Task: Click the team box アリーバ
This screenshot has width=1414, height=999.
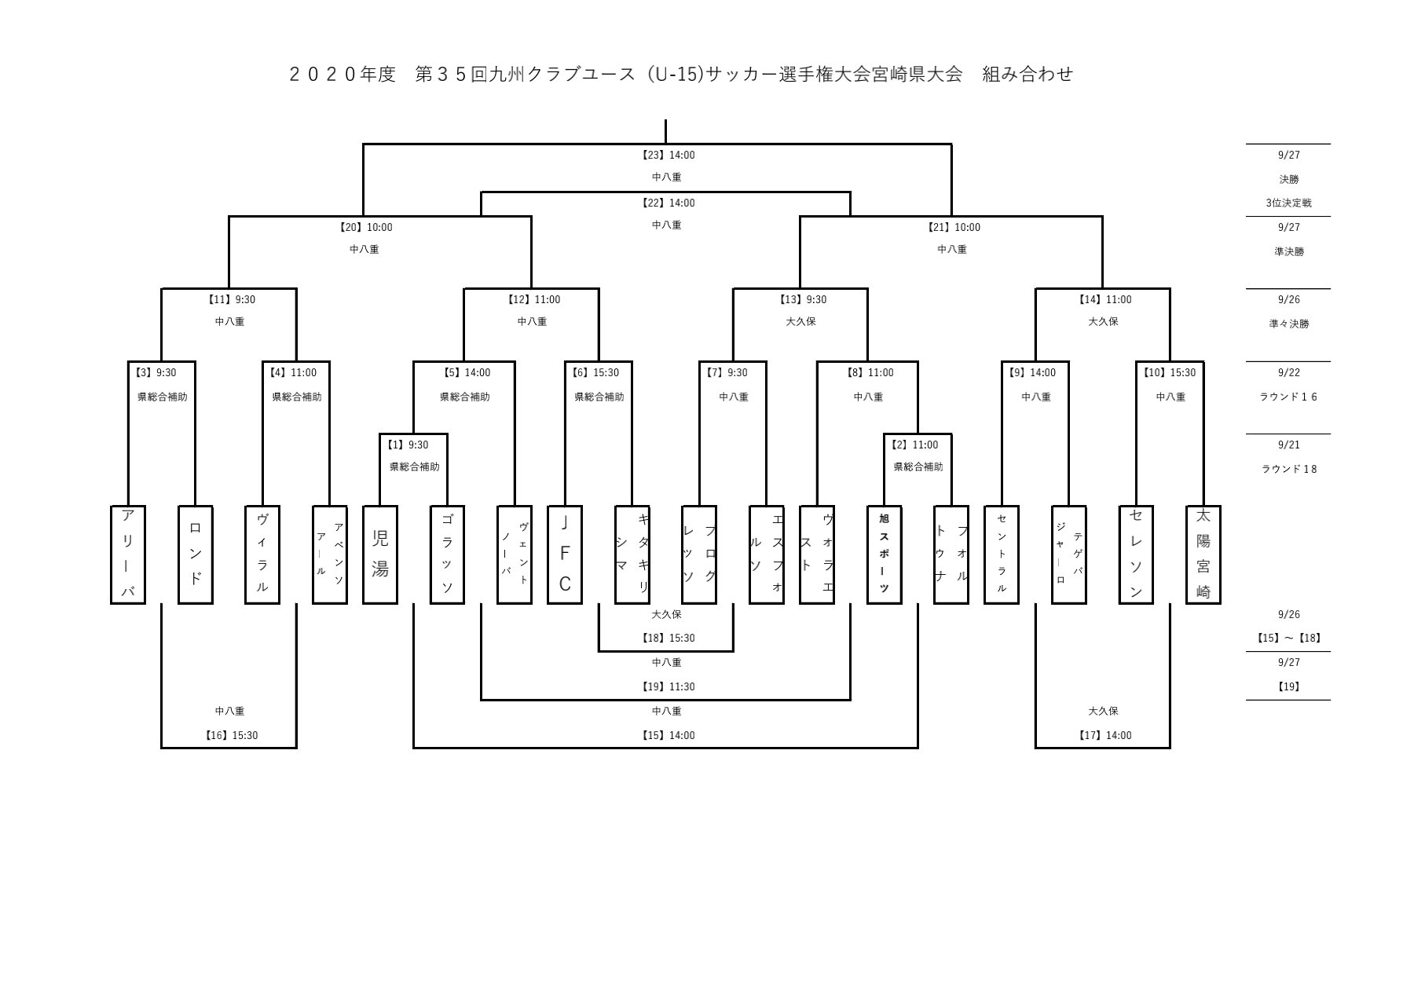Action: click(128, 554)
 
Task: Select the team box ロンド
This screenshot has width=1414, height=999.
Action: click(196, 554)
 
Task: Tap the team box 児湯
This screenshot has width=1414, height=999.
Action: click(380, 554)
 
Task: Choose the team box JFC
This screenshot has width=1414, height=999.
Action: click(565, 554)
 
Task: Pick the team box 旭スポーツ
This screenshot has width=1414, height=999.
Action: click(885, 554)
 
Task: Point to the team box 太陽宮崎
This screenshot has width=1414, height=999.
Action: click(1203, 554)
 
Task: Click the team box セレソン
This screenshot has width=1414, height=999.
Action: click(1136, 554)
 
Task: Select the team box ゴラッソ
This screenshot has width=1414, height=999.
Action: click(448, 554)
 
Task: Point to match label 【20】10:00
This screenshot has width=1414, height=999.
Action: click(364, 228)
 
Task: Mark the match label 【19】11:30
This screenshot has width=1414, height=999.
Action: click(667, 687)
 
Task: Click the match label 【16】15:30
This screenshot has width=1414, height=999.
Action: click(229, 736)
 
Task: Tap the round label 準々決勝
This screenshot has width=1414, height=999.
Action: click(1288, 324)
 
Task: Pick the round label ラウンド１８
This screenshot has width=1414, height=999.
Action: click(1288, 470)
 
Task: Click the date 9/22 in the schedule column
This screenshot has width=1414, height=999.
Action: click(1288, 373)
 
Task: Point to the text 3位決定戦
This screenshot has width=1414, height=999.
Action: click(1288, 203)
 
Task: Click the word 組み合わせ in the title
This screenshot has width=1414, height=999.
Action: click(1028, 75)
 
